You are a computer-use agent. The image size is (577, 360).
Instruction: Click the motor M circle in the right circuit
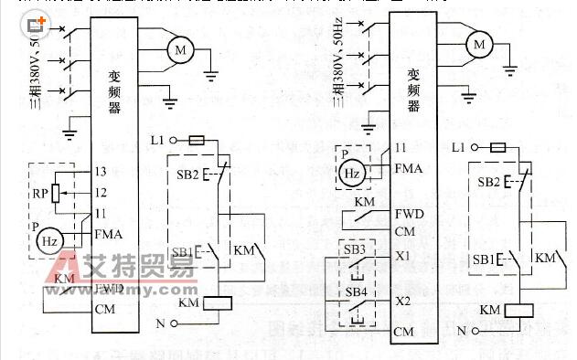[479, 42]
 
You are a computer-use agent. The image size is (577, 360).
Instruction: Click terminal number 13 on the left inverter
[102, 172]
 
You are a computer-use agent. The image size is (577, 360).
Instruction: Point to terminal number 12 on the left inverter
[102, 192]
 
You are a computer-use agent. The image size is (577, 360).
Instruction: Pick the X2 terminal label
[403, 300]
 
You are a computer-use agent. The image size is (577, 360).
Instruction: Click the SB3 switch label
[357, 249]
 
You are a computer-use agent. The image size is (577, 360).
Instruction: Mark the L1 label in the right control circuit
[460, 147]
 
